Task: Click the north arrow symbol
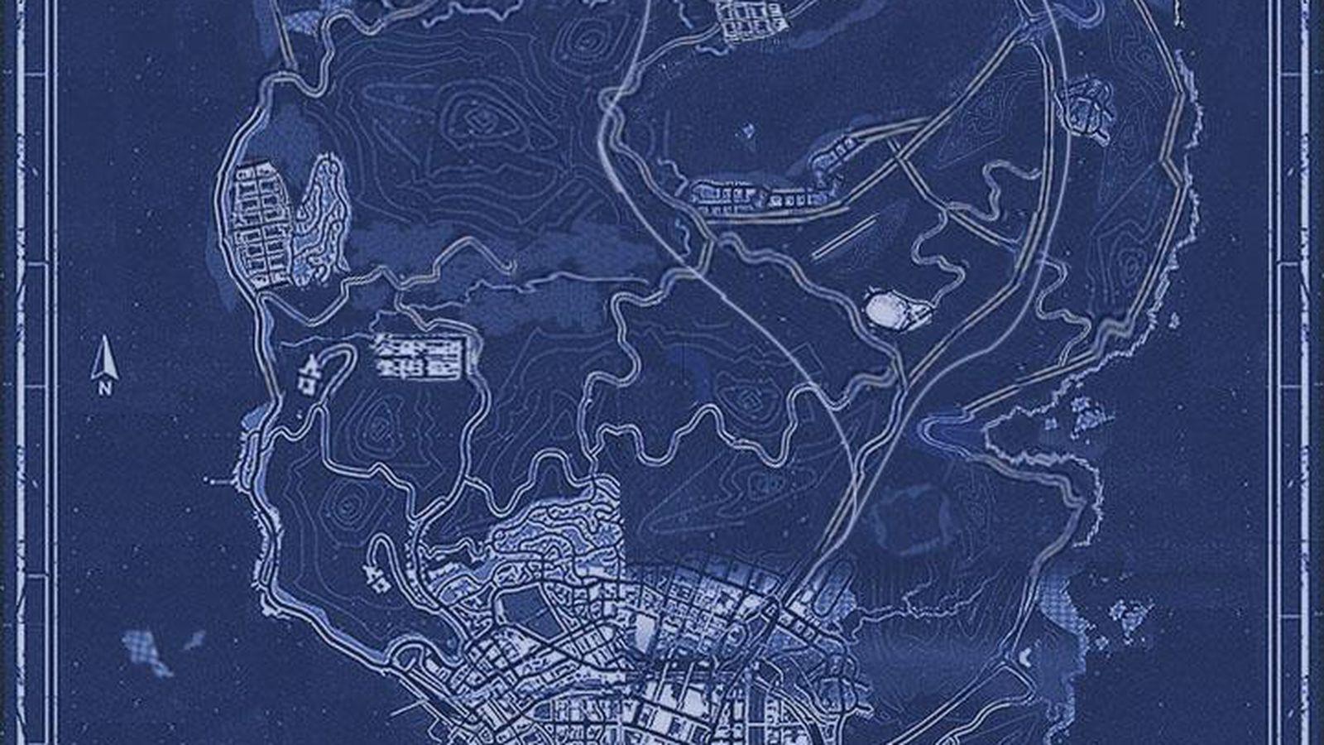coord(105,358)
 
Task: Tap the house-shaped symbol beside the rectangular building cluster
coord(308,372)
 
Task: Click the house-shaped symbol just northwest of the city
coord(377,579)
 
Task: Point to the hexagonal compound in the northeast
coord(1091,108)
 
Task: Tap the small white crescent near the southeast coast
coord(1026,658)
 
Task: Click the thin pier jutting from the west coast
coord(222,479)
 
